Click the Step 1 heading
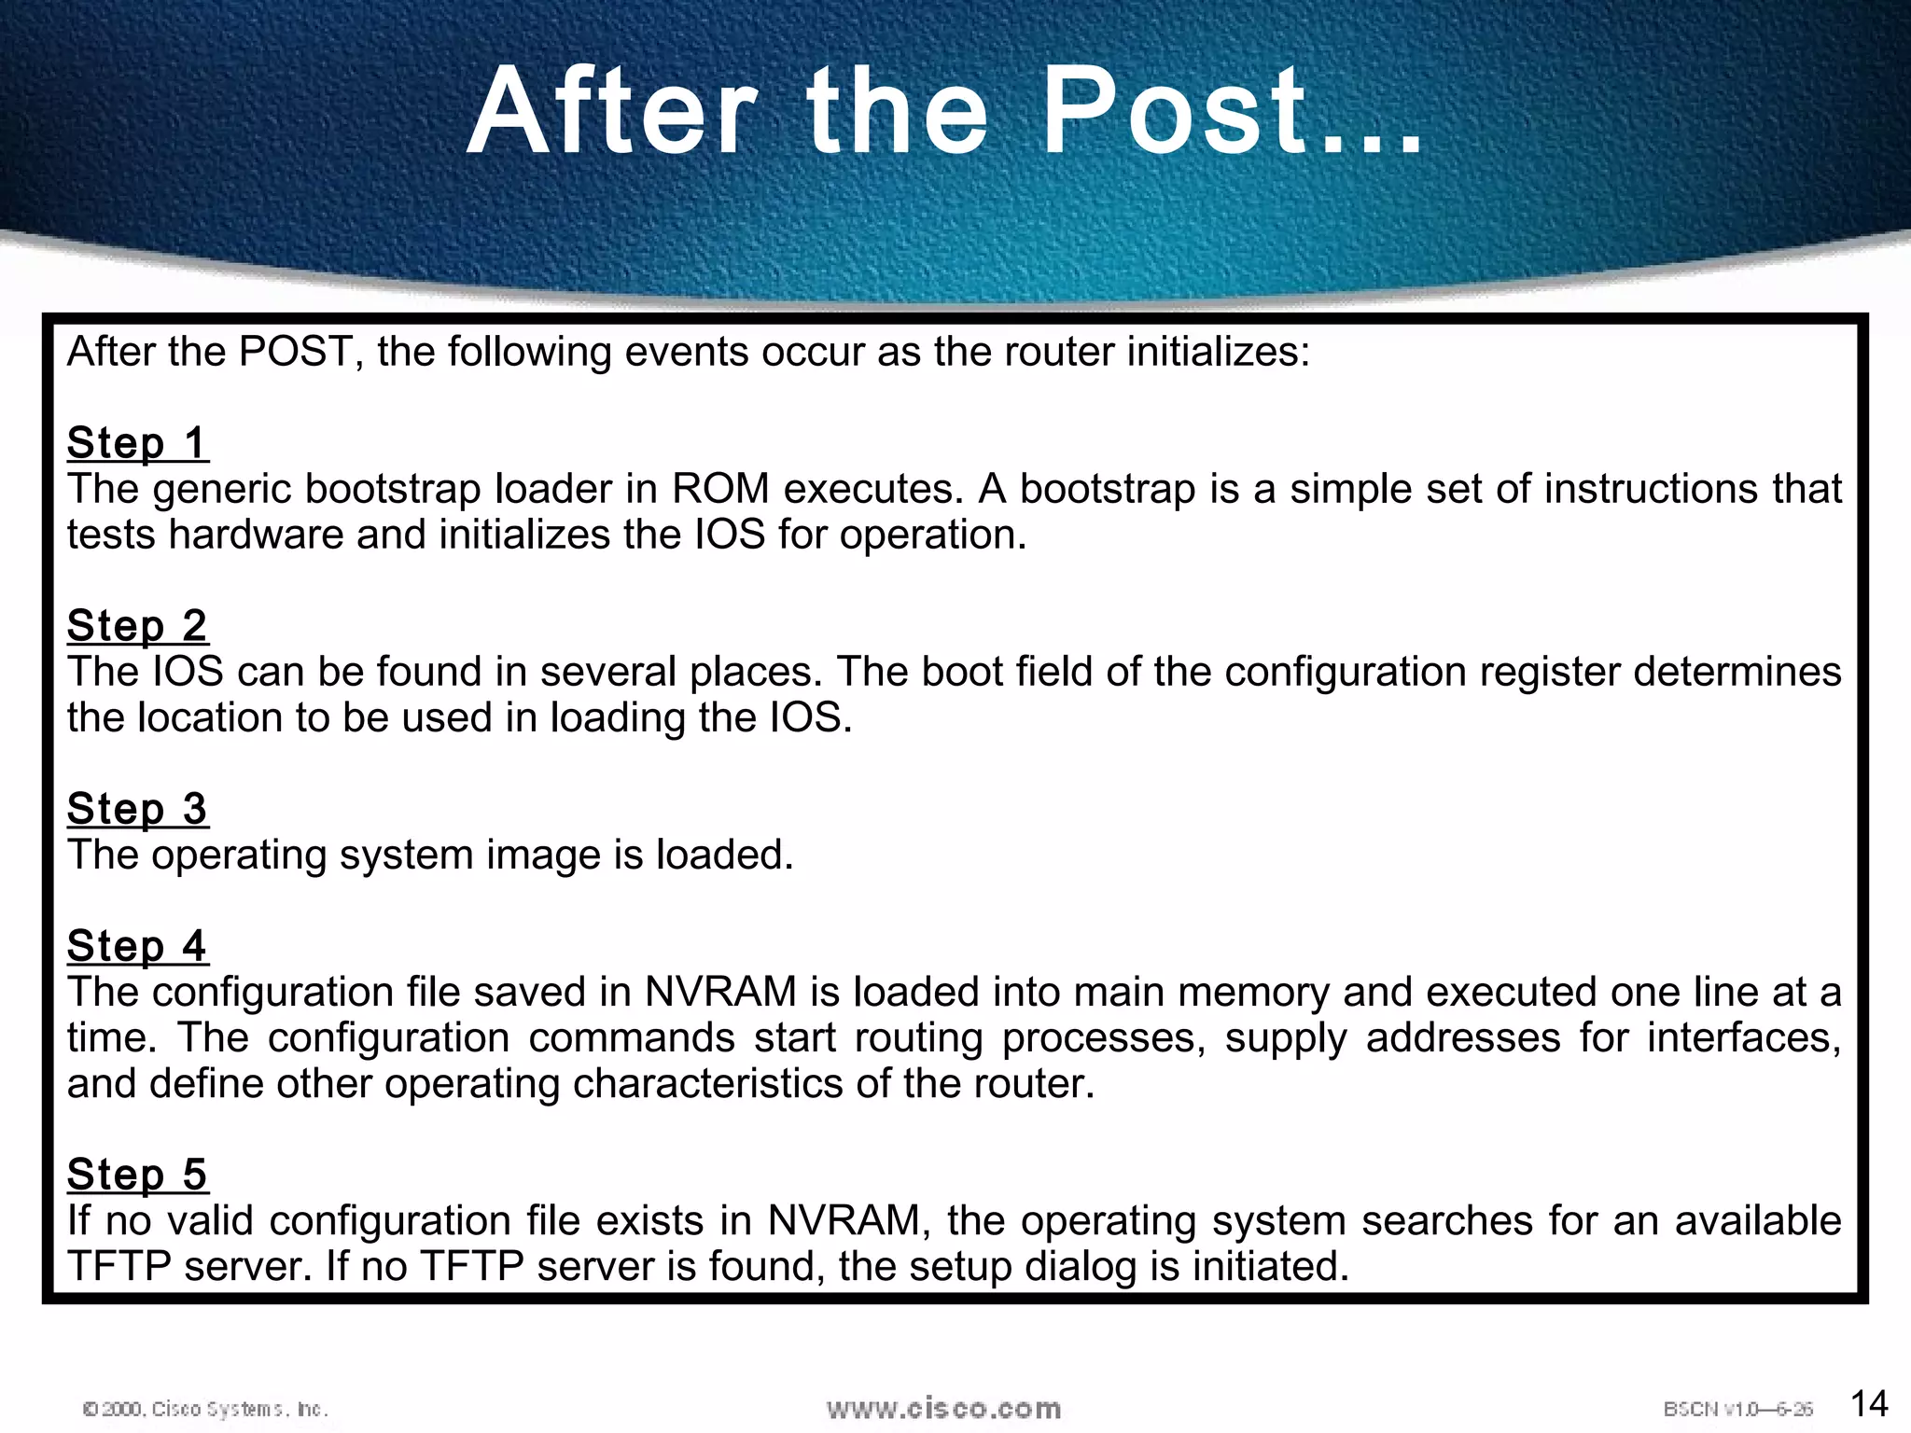point(137,442)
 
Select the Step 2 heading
point(137,625)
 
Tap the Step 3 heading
point(137,808)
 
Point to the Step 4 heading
point(137,945)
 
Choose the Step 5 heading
point(137,1174)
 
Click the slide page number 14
point(1868,1403)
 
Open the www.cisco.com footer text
point(943,1408)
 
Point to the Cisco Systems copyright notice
point(205,1409)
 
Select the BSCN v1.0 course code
point(1737,1409)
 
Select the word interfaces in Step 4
point(1743,1037)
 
